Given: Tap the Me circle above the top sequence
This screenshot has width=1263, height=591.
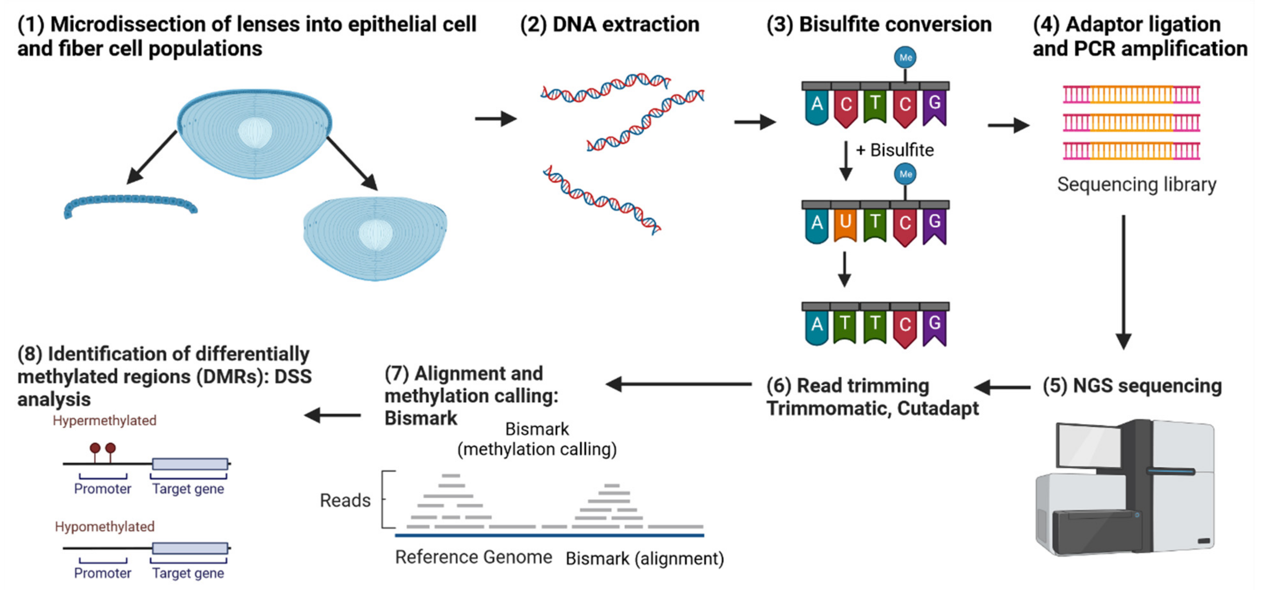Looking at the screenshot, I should point(905,58).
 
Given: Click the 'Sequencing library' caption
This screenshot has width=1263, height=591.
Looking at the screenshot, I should point(1136,185).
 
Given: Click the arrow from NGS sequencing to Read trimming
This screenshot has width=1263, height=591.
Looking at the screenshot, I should point(1002,387).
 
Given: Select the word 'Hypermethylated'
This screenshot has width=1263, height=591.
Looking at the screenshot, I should point(105,420).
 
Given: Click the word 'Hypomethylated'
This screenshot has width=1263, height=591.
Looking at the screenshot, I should point(105,527).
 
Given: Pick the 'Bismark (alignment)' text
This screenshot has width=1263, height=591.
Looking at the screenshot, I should point(644,559).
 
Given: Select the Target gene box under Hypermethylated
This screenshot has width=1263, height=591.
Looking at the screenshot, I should point(190,463).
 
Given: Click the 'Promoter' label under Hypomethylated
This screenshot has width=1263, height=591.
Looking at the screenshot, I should point(103,573).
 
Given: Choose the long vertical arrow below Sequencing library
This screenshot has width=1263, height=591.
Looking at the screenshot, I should point(1123,282).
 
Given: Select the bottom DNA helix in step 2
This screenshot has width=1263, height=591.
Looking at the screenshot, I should point(602,200).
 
